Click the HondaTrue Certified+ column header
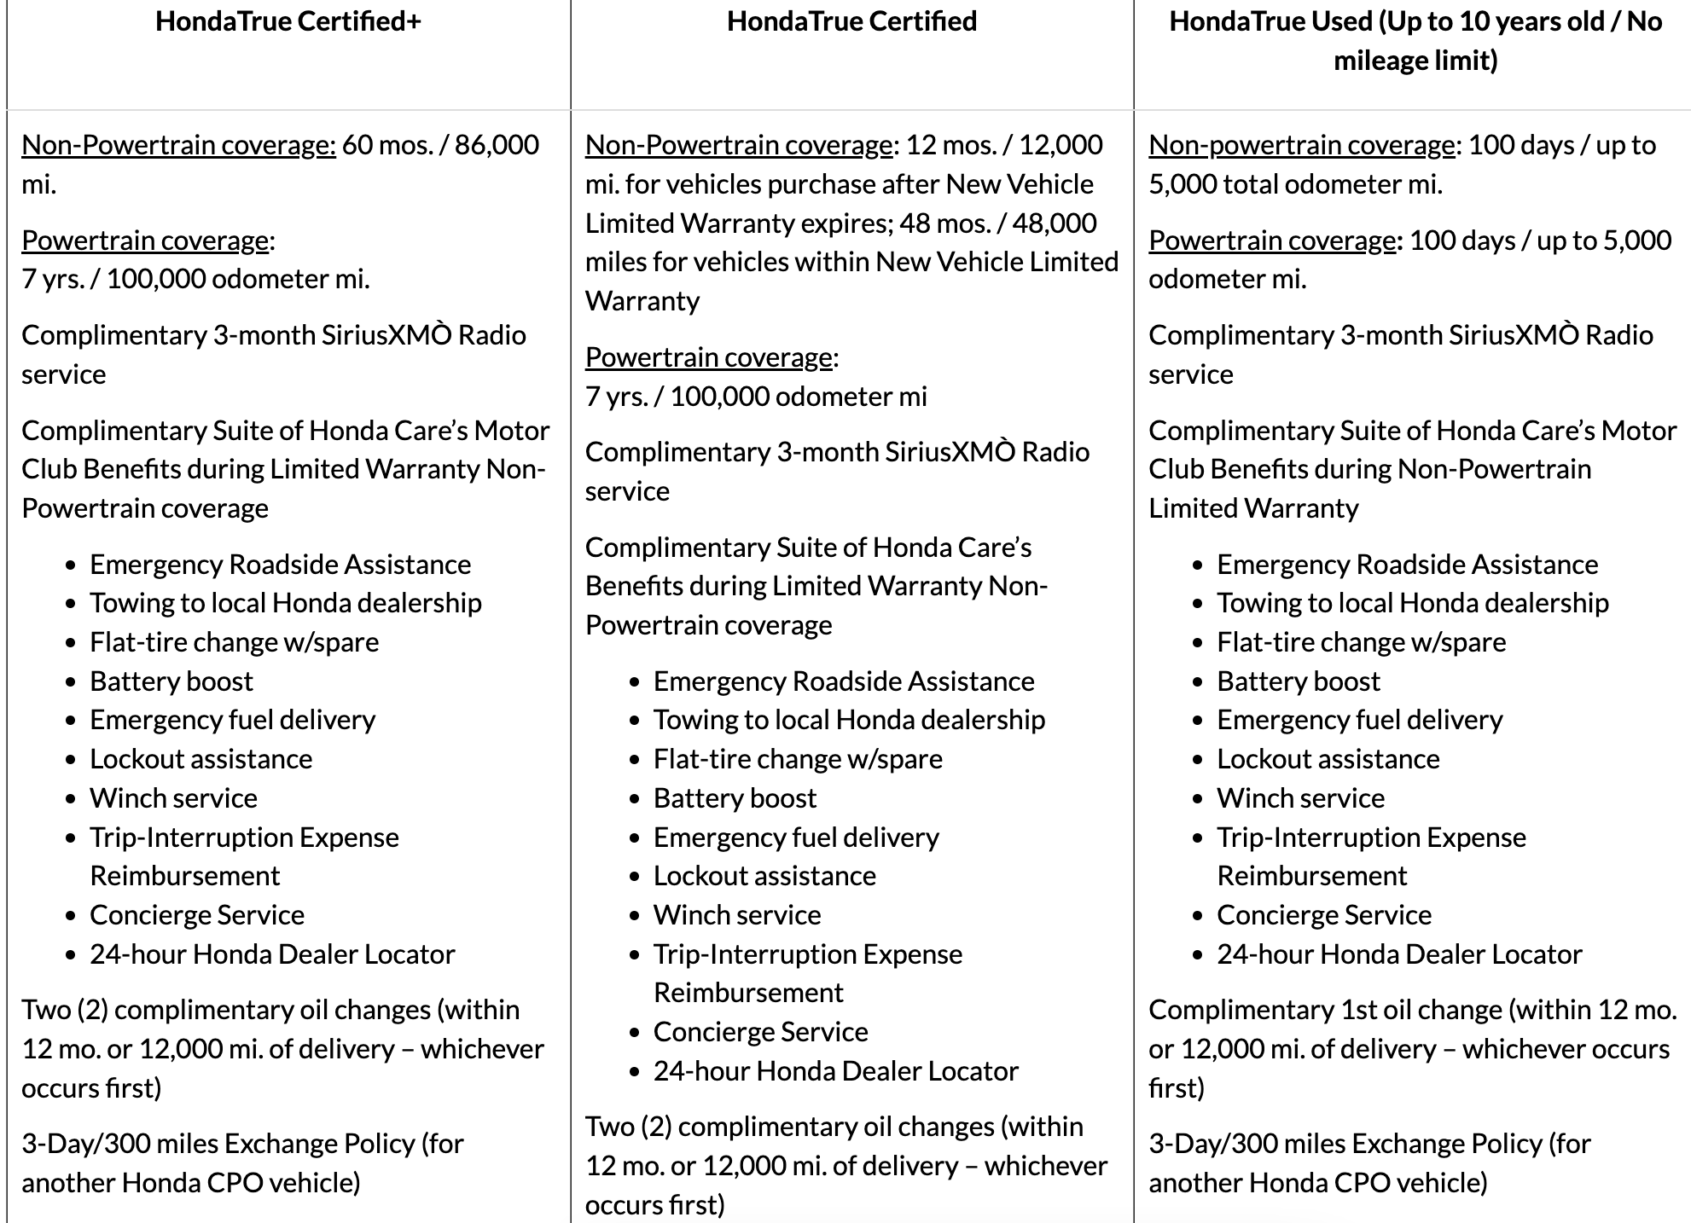288,21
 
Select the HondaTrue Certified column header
851,21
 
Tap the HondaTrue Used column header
1415,40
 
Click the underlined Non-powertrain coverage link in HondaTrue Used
1301,145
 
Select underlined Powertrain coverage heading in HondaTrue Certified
708,356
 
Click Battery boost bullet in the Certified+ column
171,681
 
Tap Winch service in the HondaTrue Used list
1300,798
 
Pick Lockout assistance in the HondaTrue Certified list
764,876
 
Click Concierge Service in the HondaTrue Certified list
760,1032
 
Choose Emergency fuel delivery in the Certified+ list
232,720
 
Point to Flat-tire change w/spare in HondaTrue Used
1361,642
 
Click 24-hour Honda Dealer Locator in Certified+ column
272,954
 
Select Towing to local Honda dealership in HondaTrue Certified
849,720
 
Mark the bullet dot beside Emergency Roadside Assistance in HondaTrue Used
1199,565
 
